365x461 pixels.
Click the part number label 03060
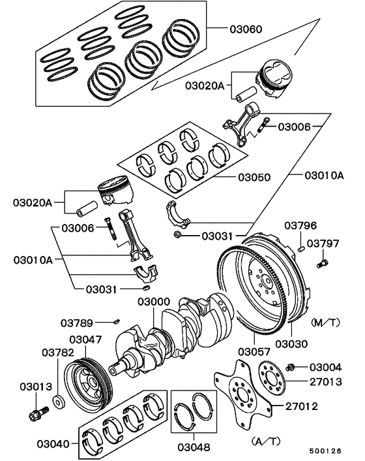(x=246, y=29)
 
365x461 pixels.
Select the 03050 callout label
(x=254, y=177)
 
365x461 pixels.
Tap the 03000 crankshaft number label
(x=154, y=302)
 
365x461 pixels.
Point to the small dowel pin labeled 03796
(x=302, y=247)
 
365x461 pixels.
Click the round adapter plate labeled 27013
(x=268, y=377)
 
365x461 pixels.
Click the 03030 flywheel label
(x=291, y=344)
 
